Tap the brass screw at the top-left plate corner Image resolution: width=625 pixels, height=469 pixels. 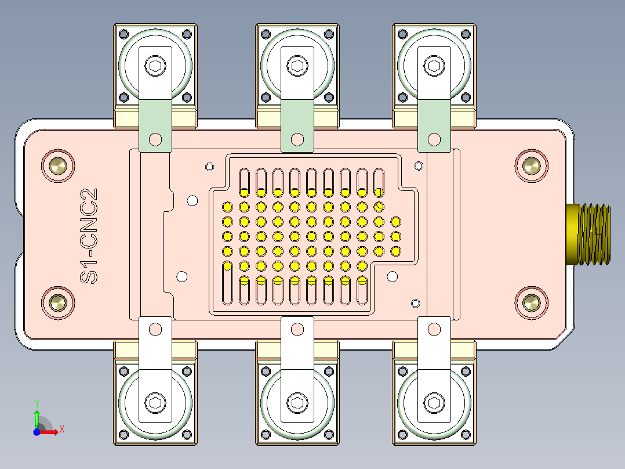[x=58, y=165]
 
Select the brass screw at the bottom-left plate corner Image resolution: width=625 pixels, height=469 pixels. [x=58, y=302]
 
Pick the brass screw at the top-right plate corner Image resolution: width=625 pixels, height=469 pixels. [x=531, y=165]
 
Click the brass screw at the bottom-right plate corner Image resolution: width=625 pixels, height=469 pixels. [x=531, y=302]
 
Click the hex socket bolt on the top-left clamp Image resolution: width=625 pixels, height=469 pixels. [x=155, y=66]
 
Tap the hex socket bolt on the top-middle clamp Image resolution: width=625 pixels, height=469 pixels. [x=297, y=66]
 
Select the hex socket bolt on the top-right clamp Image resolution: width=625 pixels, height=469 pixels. [x=434, y=66]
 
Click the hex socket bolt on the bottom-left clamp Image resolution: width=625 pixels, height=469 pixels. [x=155, y=402]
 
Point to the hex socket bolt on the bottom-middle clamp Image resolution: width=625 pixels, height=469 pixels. [x=297, y=402]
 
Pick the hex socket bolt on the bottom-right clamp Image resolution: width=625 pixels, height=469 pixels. [x=434, y=402]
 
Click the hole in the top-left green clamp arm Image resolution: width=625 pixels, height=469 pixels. [x=155, y=139]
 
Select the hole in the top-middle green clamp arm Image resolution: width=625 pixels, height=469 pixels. [x=297, y=139]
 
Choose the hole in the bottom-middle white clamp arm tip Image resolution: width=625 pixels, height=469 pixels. [x=297, y=330]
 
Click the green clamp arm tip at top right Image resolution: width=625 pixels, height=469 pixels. [x=434, y=125]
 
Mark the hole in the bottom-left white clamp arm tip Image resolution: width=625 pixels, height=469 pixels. [x=155, y=330]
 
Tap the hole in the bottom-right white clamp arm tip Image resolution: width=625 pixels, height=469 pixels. [x=434, y=330]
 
